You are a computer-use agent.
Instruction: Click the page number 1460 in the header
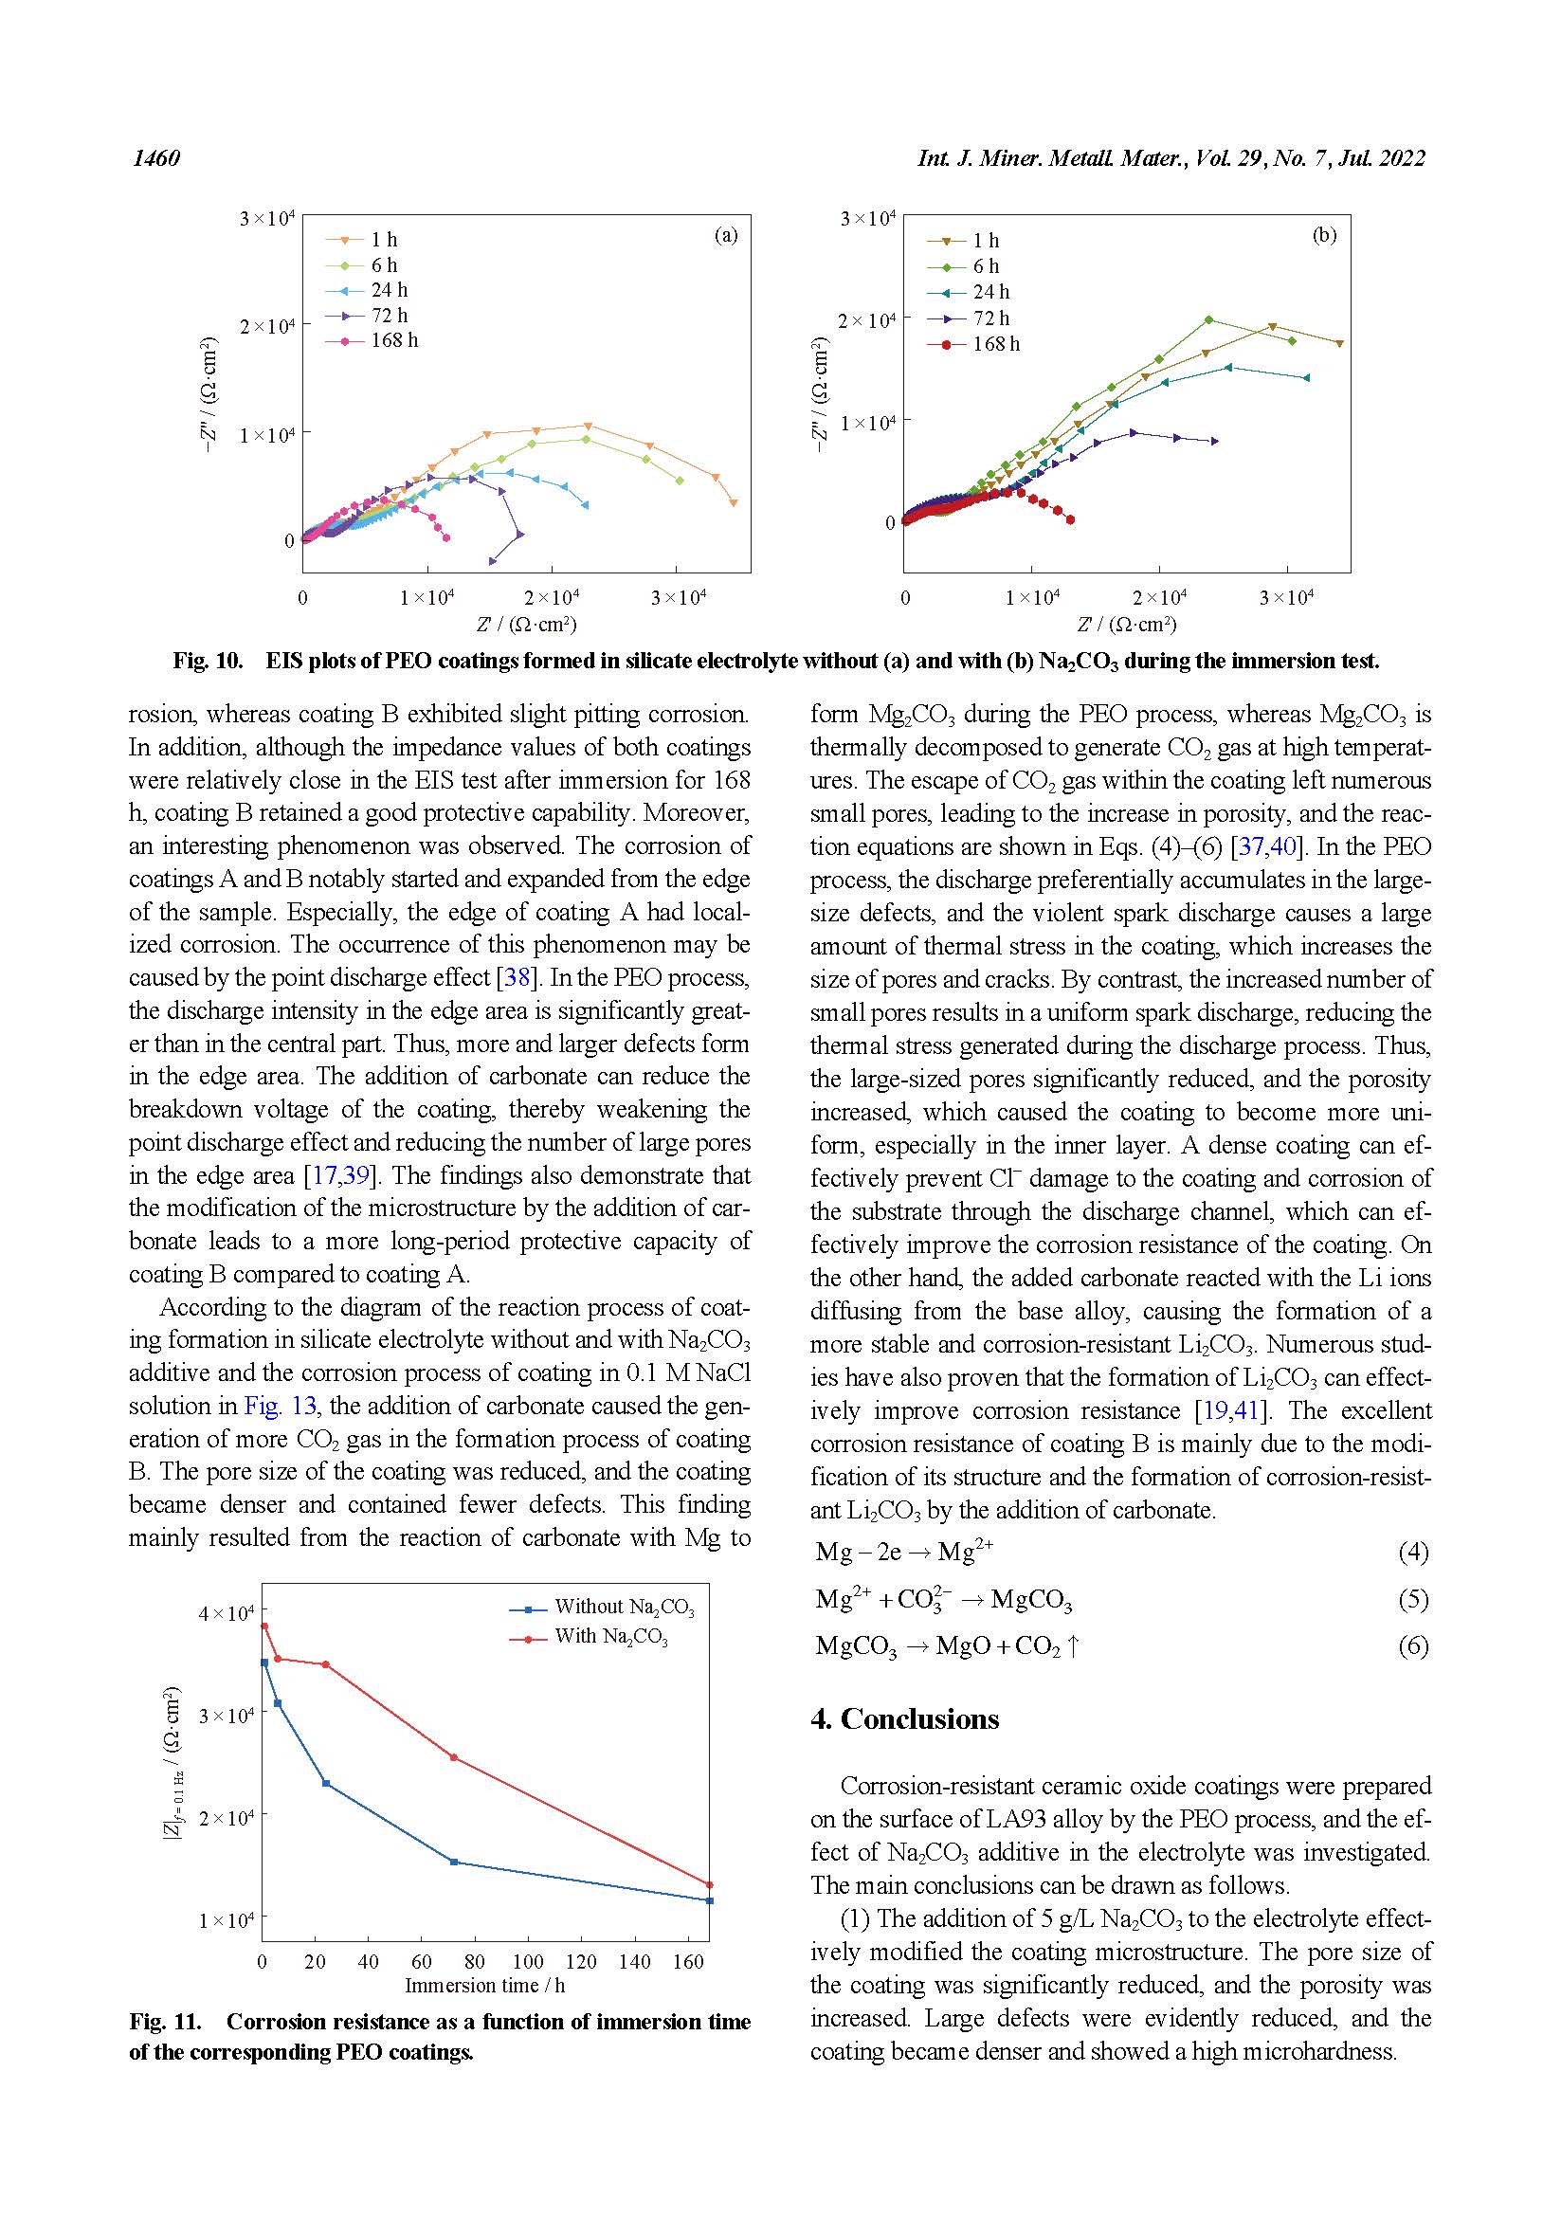click(x=156, y=158)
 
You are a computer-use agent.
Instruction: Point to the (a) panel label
click(x=725, y=235)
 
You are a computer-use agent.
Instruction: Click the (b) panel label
click(x=1323, y=235)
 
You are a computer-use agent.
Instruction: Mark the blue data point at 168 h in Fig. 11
click(x=710, y=1900)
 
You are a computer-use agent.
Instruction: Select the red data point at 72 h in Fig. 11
click(x=454, y=1757)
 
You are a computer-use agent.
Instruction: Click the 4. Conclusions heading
click(x=904, y=1719)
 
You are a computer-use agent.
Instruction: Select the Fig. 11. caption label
click(x=165, y=2022)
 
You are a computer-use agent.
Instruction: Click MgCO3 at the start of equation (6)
click(x=855, y=1646)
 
